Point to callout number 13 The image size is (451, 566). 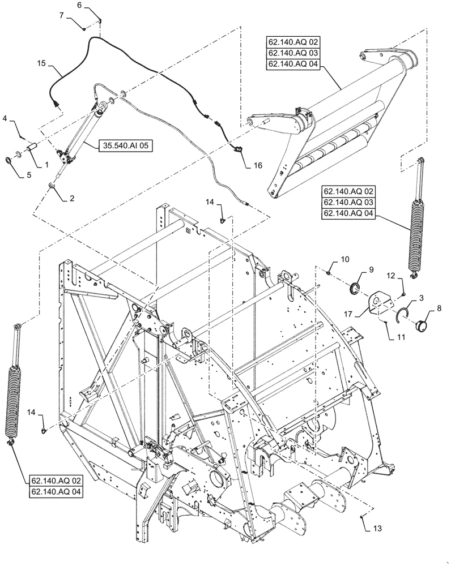point(377,529)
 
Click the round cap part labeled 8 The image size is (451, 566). point(422,327)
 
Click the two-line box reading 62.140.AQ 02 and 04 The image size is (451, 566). point(56,487)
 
